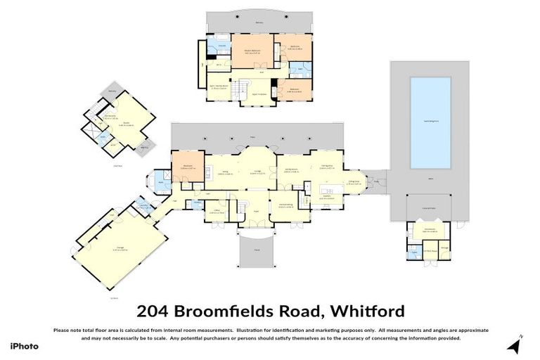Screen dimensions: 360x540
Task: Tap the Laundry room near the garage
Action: pos(143,205)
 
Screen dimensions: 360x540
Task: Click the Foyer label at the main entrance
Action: pos(256,210)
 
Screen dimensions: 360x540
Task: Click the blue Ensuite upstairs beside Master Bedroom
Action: pos(221,47)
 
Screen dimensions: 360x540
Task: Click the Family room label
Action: pos(292,169)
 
